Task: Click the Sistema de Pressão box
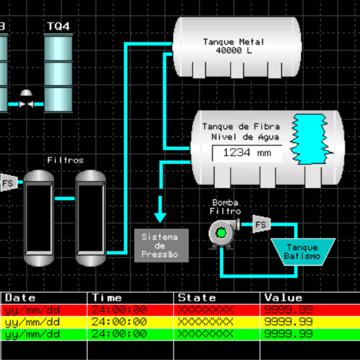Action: coord(162,245)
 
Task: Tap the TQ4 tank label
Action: coord(58,26)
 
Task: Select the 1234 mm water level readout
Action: coord(247,153)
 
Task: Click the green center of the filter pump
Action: coord(221,233)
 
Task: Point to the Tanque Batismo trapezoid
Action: coord(303,252)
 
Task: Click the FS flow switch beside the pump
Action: coord(261,224)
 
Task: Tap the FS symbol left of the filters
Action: coord(9,183)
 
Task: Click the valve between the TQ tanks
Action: coord(26,100)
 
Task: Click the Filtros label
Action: coord(65,160)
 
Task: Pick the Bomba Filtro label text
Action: coord(225,207)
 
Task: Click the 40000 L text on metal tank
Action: coord(234,50)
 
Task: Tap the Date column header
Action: coord(20,298)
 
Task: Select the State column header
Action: coord(197,298)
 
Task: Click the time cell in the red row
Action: coord(119,310)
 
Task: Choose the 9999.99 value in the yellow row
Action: coord(288,322)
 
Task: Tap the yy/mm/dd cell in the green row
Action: coord(32,334)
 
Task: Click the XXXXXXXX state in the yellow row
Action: coord(206,322)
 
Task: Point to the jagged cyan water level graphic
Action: coord(310,139)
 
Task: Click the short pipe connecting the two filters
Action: coord(65,198)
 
